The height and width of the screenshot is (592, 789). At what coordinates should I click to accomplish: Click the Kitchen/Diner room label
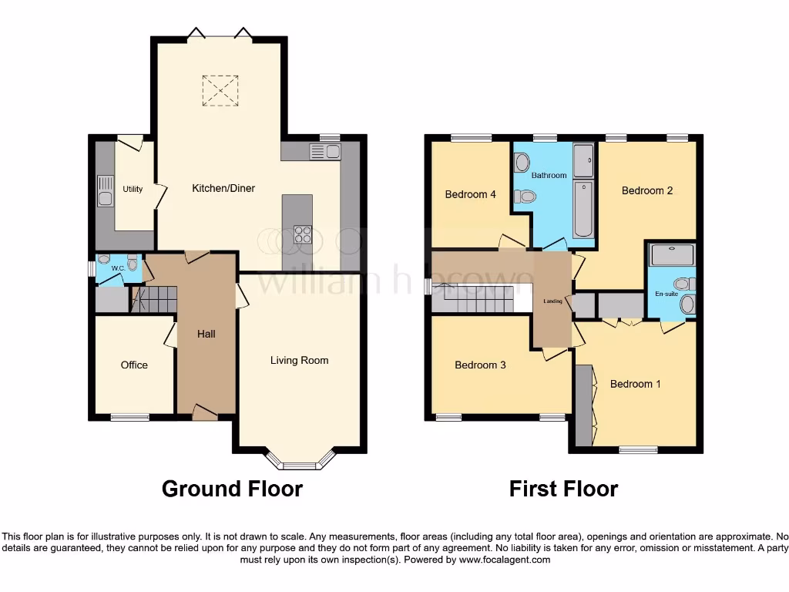223,188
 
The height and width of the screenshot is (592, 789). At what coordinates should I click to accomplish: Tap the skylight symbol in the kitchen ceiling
220,91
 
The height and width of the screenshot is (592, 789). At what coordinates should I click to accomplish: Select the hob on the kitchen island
302,234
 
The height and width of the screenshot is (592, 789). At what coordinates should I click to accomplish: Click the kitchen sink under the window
324,152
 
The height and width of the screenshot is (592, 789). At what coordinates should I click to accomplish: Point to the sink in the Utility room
103,190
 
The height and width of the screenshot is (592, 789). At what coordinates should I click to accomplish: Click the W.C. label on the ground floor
117,268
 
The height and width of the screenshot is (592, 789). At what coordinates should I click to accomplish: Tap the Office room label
134,365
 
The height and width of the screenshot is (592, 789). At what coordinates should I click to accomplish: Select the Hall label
206,334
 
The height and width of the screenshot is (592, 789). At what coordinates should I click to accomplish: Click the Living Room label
299,360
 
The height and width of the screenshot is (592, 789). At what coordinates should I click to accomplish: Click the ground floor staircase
154,299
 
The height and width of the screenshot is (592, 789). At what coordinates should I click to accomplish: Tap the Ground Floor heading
232,489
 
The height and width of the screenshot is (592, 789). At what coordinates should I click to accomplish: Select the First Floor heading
563,489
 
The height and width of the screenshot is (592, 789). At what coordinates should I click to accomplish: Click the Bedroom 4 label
470,194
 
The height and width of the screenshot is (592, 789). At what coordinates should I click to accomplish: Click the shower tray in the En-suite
672,254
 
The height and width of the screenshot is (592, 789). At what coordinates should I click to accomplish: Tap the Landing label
552,301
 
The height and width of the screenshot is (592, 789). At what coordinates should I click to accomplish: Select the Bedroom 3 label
480,365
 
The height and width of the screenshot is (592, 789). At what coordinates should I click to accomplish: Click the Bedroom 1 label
635,384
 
